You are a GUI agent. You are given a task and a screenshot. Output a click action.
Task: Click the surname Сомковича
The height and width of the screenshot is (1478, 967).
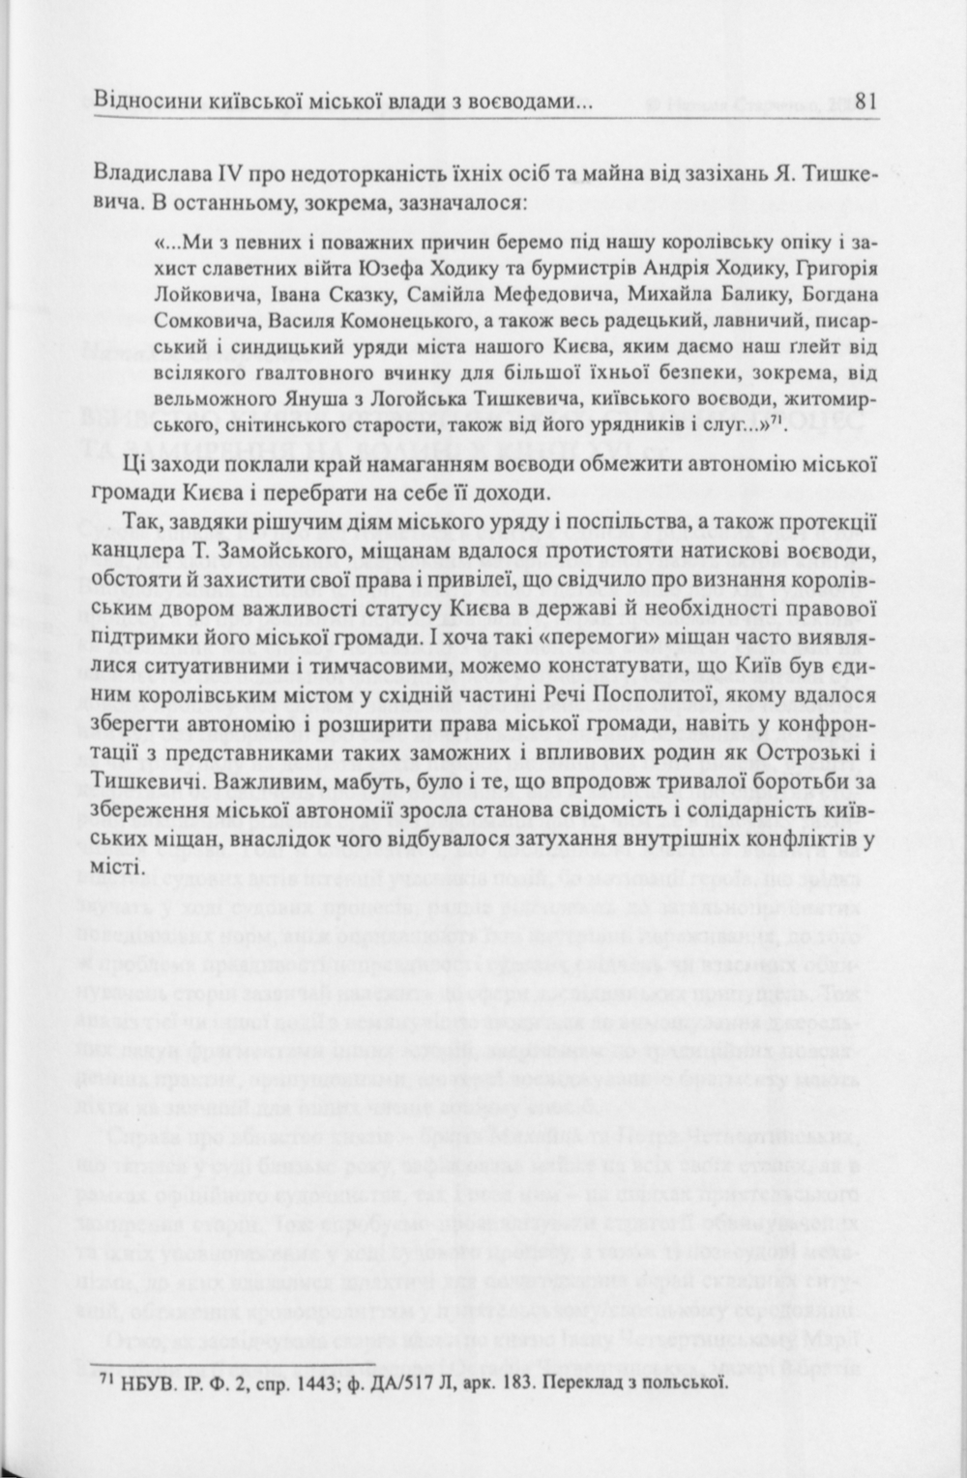click(199, 319)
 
